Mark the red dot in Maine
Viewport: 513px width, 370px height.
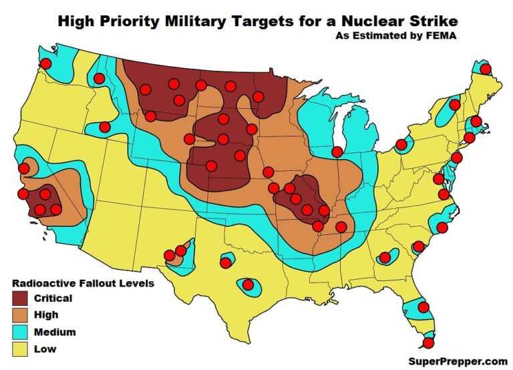[486, 69]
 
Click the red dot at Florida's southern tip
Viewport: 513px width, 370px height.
[428, 343]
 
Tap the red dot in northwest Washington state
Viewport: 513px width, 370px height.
[46, 63]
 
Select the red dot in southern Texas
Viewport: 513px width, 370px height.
[248, 285]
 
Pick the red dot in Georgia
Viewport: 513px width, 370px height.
[385, 257]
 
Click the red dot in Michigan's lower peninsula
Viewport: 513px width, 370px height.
[337, 152]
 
